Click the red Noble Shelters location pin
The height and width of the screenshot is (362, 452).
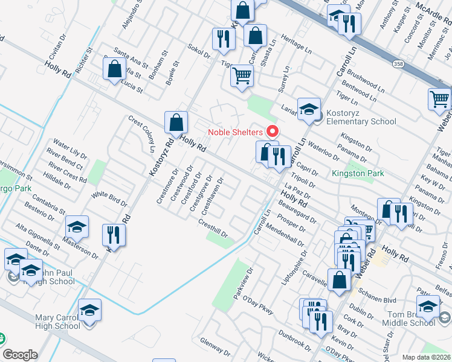[272, 131]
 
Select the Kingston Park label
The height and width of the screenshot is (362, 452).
[358, 174]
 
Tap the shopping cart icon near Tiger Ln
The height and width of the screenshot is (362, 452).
[242, 76]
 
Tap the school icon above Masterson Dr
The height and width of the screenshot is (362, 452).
[77, 226]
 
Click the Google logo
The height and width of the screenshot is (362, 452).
[20, 355]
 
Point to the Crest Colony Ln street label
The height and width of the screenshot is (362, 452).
[141, 134]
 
